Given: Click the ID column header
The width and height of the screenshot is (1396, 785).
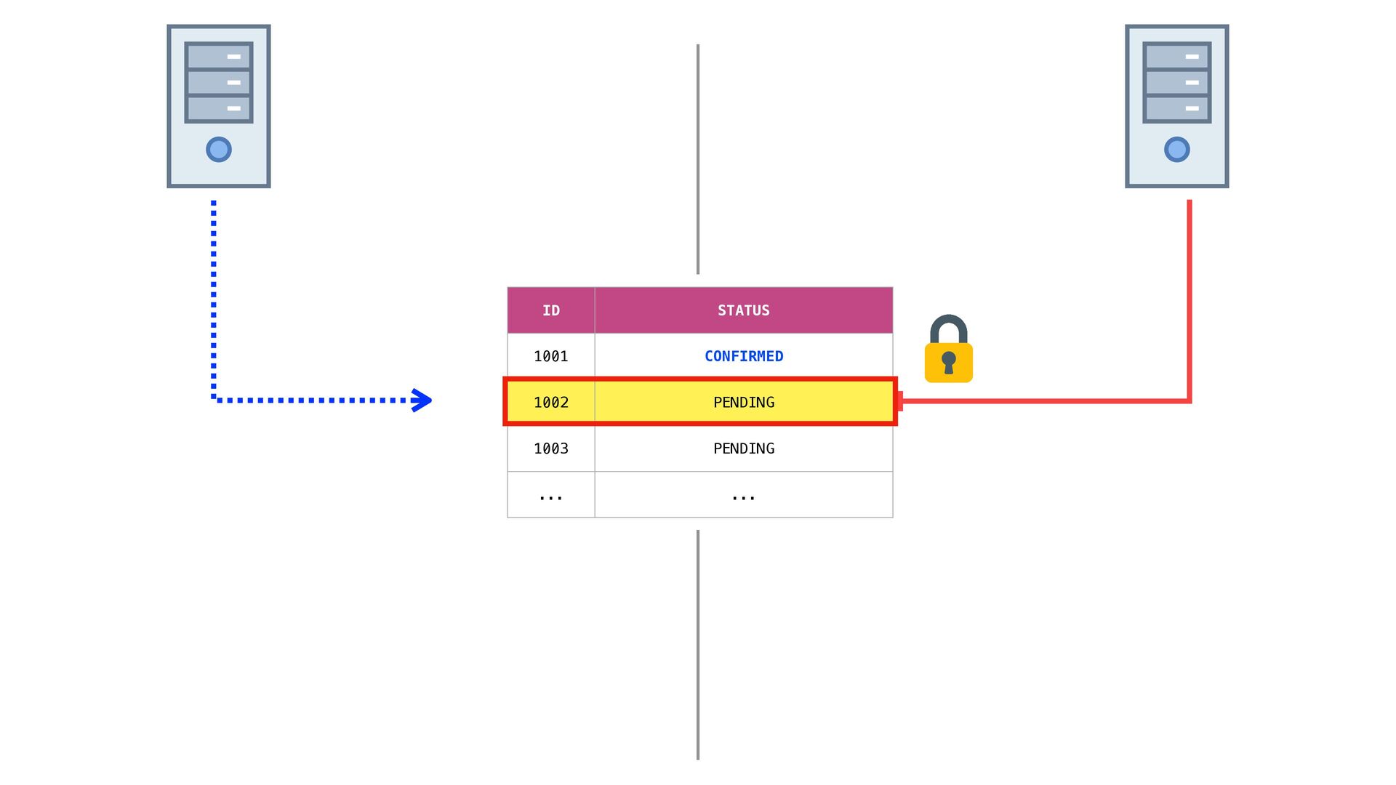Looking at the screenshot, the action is [x=551, y=310].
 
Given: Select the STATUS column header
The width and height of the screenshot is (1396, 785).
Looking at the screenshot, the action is [x=743, y=310].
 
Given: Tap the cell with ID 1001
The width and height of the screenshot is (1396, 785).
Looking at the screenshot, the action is [x=551, y=356].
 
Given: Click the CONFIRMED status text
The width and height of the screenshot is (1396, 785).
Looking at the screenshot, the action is [x=743, y=356].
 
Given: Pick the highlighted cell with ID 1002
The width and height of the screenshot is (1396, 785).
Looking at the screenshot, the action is [x=551, y=402].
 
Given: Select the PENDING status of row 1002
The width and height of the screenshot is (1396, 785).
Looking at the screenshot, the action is [x=743, y=402].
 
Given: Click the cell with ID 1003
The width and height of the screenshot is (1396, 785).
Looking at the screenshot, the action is [x=551, y=448].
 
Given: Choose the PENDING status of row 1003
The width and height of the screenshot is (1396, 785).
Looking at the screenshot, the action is [x=743, y=448].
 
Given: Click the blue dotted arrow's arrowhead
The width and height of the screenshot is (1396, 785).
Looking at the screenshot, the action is [x=422, y=400].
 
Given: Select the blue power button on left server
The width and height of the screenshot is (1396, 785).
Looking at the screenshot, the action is [x=219, y=150].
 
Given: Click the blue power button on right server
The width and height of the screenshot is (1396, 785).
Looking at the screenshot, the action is [x=1176, y=150].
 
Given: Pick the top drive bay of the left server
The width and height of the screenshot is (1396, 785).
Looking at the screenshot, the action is [x=219, y=56].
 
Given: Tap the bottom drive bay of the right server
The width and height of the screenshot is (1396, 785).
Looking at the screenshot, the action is [x=1176, y=108].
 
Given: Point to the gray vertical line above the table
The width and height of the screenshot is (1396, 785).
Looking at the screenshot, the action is [x=698, y=160].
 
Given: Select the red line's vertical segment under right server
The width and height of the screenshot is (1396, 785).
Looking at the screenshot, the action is [x=1190, y=298].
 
